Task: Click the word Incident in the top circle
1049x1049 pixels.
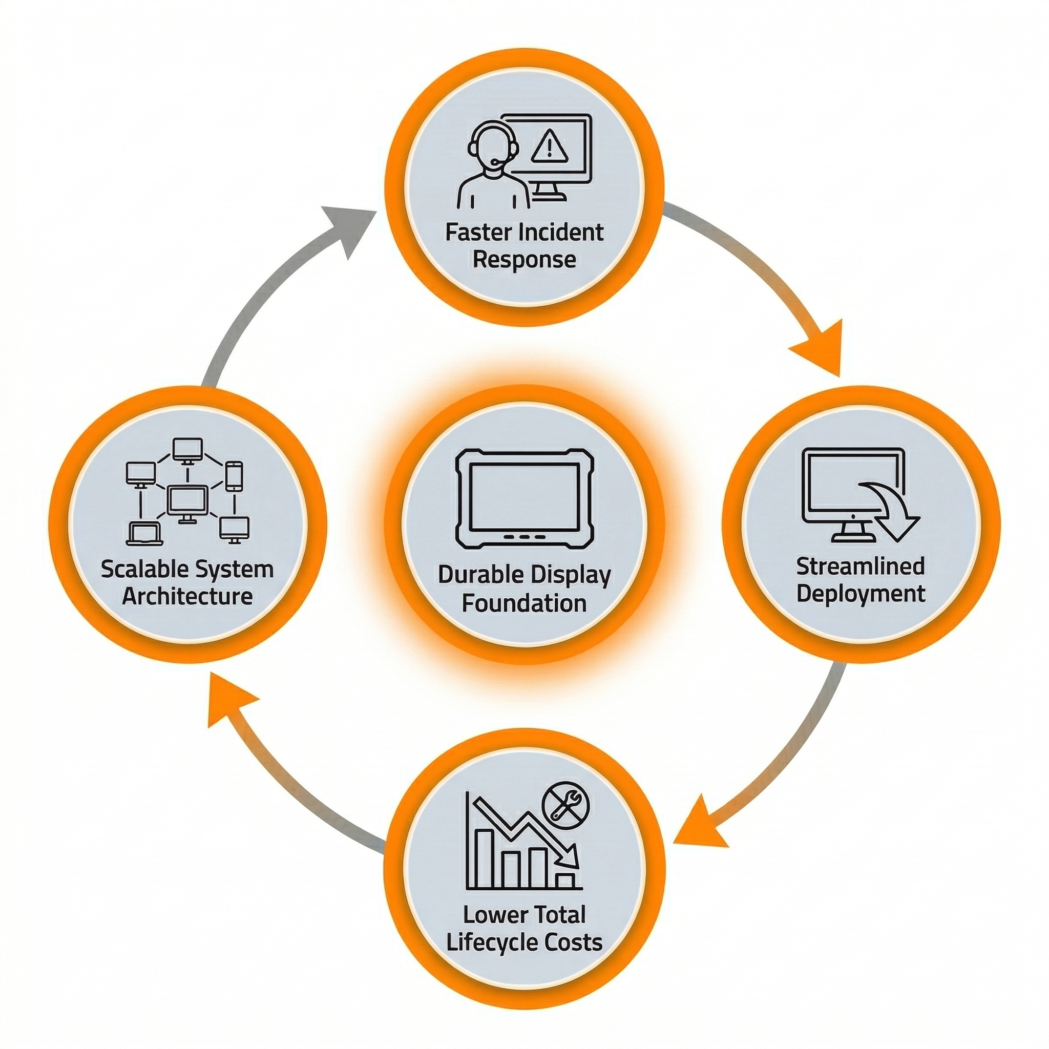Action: tap(561, 233)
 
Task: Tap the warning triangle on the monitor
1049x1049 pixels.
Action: tap(550, 148)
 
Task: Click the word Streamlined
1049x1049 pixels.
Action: tap(861, 567)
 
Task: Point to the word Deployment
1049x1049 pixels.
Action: tap(861, 594)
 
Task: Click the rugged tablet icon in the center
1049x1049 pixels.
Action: tap(524, 498)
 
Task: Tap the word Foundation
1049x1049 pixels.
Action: tap(524, 603)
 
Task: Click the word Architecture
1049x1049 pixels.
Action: tap(187, 597)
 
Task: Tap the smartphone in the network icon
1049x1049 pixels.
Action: tap(234, 476)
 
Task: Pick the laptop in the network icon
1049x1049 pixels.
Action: tap(144, 534)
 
